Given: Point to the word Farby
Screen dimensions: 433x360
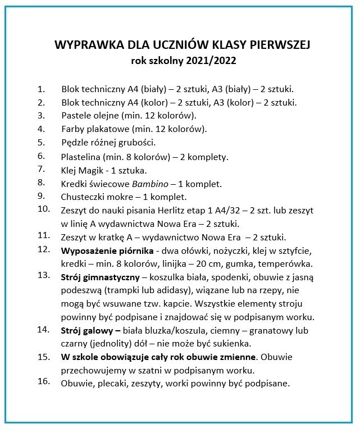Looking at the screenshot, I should pyautogui.click(x=74, y=129).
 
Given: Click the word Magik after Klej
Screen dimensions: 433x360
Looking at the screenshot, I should pyautogui.click(x=94, y=170).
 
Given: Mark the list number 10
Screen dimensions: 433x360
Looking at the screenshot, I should pyautogui.click(x=43, y=209).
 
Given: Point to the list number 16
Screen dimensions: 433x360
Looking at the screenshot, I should pyautogui.click(x=43, y=382).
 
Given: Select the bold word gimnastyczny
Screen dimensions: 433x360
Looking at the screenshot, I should pyautogui.click(x=112, y=277).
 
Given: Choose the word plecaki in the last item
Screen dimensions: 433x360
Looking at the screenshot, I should pyautogui.click(x=114, y=384).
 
